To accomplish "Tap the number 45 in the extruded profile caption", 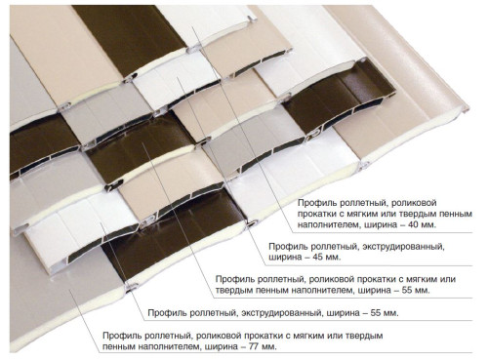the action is point(318,257).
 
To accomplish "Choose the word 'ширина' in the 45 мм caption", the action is point(285,258).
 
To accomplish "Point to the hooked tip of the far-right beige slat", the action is point(467,108).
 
